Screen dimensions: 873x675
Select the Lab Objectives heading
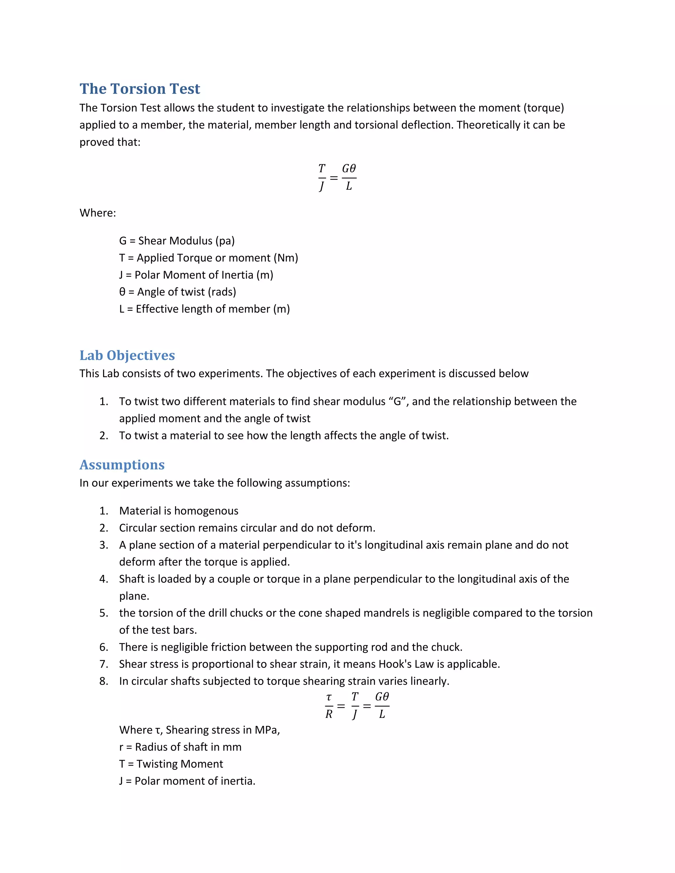[x=127, y=355]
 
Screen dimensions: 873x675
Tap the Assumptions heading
[x=122, y=465]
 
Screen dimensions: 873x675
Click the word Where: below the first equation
[x=98, y=213]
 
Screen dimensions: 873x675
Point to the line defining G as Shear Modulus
[x=177, y=240]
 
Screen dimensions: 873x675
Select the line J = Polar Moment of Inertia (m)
[x=196, y=275]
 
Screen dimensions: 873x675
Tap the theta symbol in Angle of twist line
[x=122, y=292]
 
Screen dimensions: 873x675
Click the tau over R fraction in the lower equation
[x=329, y=706]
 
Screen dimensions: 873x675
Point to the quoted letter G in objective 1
[x=397, y=401]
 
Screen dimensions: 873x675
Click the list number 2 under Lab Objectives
[x=103, y=435]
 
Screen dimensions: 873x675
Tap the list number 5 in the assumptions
[x=103, y=613]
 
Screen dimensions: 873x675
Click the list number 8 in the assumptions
[x=103, y=681]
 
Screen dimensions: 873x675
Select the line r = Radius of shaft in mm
[x=180, y=747]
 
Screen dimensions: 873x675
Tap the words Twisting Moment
[x=180, y=764]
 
